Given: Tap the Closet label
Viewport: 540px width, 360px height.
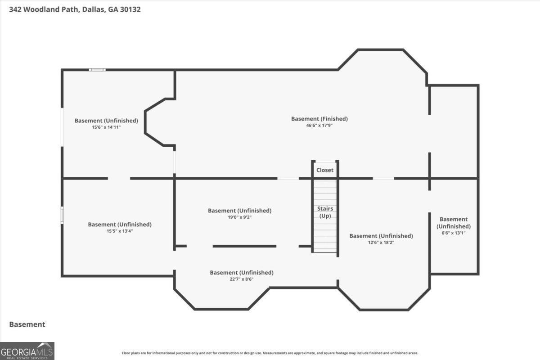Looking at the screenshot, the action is point(325,170).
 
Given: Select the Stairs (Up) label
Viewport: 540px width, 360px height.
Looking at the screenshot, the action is point(325,212).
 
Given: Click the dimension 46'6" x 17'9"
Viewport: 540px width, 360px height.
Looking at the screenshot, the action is point(319,126).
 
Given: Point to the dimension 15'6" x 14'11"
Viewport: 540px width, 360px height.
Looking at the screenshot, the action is point(106,127).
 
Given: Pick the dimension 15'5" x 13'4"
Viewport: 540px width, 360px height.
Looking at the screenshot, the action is point(120,231).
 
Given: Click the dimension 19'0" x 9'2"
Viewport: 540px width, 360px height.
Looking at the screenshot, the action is point(239,217).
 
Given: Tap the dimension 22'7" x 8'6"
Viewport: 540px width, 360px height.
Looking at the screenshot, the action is point(242,279).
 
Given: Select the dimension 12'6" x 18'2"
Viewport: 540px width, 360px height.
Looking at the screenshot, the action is point(381,243).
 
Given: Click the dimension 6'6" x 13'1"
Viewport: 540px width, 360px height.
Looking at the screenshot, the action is point(454,233).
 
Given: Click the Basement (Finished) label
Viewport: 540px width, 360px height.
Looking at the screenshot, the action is point(319,119).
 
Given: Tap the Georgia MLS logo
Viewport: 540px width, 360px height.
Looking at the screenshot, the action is point(27,351).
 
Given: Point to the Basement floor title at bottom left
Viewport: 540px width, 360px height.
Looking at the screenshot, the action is point(27,324).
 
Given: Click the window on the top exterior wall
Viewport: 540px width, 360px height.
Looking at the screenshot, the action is point(97,70).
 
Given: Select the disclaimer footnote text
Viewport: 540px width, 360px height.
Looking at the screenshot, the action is point(270,353).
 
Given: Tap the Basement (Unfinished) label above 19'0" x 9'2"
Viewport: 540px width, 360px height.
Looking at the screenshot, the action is point(239,211).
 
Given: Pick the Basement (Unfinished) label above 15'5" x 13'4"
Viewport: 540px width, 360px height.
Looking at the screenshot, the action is point(120,225).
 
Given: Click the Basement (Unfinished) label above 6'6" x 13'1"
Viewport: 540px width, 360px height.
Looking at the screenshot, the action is point(454,223).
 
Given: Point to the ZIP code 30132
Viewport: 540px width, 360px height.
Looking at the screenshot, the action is point(130,9).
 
